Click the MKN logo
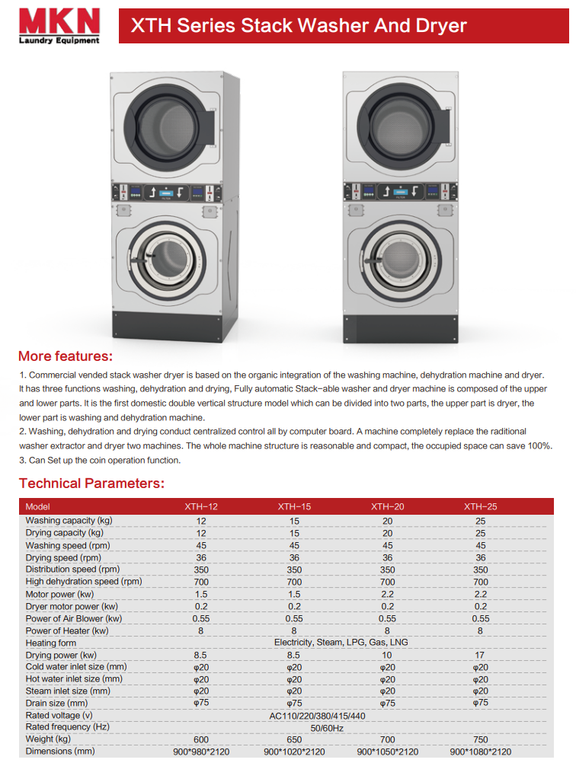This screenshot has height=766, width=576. point(58,20)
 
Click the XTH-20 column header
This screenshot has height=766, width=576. point(387,506)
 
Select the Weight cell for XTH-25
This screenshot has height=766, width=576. point(480,739)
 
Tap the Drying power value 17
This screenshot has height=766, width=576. point(480,655)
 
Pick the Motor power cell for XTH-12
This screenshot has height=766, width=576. point(201,594)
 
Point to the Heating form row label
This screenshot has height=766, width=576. point(51,643)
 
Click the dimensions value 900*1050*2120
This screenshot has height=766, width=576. point(387,752)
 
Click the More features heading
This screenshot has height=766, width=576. point(66,356)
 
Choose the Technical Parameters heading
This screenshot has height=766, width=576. point(91,484)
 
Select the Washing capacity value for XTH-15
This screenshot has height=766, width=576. point(294,521)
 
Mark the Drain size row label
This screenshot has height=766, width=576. point(56,704)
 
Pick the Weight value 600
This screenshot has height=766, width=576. point(201,739)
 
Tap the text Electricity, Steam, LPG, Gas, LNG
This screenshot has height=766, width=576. point(341,643)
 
